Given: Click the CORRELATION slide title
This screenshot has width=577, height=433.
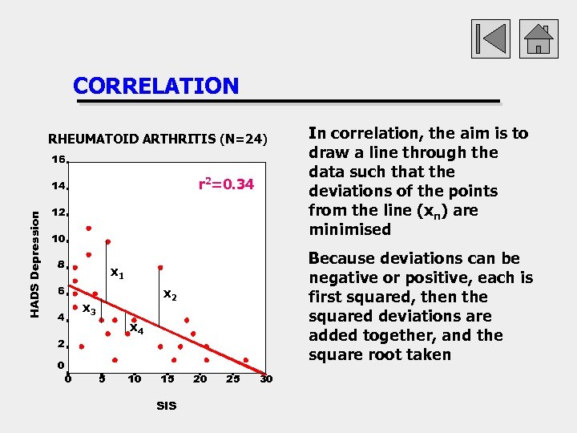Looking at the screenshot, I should click(x=155, y=86).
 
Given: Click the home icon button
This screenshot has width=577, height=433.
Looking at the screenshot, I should click(x=538, y=38).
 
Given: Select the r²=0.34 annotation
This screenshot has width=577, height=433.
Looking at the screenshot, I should click(x=226, y=185).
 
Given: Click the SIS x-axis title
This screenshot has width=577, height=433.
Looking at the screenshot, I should click(x=166, y=406).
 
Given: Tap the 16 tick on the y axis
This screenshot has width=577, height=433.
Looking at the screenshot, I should click(x=59, y=160).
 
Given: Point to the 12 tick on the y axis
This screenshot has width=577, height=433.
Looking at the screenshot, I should click(x=59, y=213).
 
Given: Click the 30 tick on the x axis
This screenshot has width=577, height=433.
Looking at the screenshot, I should click(x=266, y=378).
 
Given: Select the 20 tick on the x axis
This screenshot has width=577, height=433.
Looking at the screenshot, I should click(x=200, y=378).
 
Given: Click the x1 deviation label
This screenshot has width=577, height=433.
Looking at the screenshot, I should click(x=117, y=273).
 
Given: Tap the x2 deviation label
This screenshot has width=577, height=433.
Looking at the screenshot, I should click(x=170, y=295).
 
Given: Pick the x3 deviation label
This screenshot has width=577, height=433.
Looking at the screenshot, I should click(x=90, y=310).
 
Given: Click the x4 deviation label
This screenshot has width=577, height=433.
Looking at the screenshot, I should click(x=136, y=329).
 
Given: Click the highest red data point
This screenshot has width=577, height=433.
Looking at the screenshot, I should click(x=89, y=228).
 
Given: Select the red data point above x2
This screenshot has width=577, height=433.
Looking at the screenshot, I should click(x=160, y=267).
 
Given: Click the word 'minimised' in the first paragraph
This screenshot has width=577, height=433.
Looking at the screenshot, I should click(x=349, y=229).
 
